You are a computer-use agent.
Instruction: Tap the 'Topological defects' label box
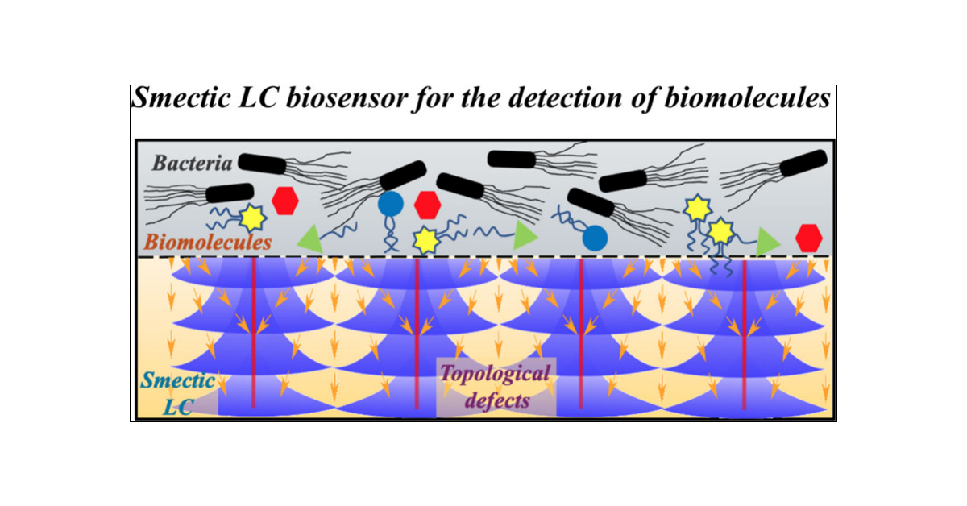pos(496,387)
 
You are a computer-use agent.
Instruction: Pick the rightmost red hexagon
pos(808,238)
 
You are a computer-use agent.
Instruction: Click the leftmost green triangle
pos(309,237)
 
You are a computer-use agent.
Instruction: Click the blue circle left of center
pos(391,204)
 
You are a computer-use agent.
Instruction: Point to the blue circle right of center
pos(595,237)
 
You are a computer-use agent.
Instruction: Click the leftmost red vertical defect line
pos(253,332)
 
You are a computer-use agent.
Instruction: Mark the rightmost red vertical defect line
pos(744,332)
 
